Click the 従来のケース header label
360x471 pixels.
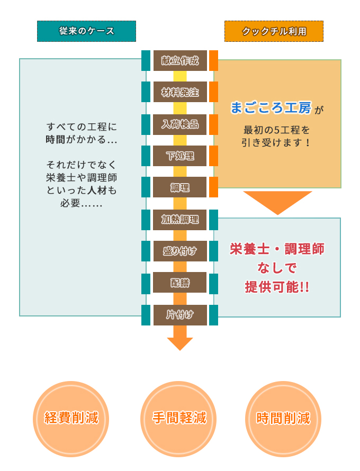click(86, 31)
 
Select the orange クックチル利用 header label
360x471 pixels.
click(274, 31)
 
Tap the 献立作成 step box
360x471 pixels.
click(180, 60)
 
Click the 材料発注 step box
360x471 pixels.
click(180, 93)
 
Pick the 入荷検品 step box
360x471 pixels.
click(180, 124)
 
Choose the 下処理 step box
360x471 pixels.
click(180, 156)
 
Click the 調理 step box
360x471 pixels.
click(180, 187)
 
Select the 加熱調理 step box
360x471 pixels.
click(180, 220)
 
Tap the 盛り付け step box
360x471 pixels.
click(180, 251)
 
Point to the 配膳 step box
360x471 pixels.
click(180, 283)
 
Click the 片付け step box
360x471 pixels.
click(180, 315)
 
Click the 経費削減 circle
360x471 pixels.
click(71, 418)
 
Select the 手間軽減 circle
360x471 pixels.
click(179, 418)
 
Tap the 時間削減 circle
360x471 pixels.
click(283, 418)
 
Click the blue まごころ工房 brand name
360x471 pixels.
click(271, 108)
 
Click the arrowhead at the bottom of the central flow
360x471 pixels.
click(180, 343)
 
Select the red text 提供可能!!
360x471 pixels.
click(277, 287)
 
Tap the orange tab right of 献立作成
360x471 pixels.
click(213, 60)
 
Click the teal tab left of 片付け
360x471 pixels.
click(146, 315)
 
